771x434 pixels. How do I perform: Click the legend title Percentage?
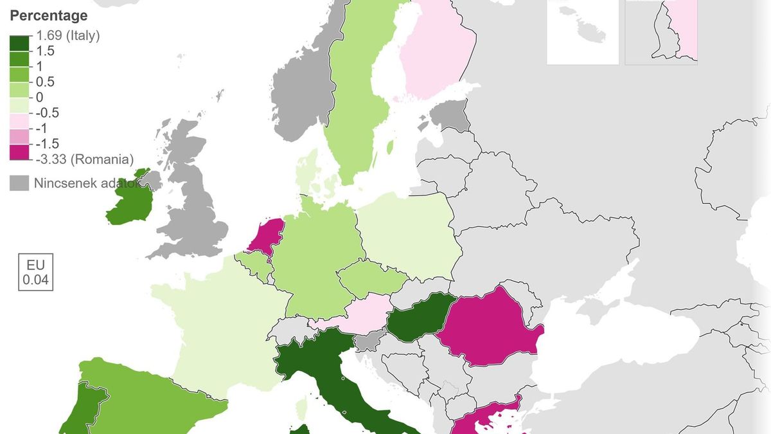(49, 15)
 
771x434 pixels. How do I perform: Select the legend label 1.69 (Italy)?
(68, 36)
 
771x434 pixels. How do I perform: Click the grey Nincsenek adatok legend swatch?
(19, 183)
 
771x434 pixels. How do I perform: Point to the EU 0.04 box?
(35, 273)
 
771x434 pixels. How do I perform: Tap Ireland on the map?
(128, 203)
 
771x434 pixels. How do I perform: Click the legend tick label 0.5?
(46, 82)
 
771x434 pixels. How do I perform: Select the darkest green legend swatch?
(19, 44)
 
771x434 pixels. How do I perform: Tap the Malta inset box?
(583, 32)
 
